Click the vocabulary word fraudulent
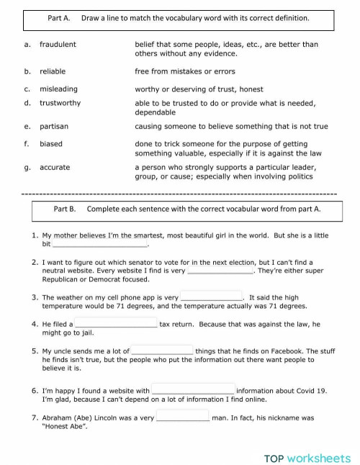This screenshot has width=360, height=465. pos(58,45)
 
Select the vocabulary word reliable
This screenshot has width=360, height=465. pos(52,71)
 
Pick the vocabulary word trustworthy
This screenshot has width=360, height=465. pos(60,103)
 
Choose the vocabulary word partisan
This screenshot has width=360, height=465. pos(54,126)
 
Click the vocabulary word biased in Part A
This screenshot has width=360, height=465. pos(51,144)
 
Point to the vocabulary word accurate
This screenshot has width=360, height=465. pos(55,167)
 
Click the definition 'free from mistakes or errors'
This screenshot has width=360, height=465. pos(184,71)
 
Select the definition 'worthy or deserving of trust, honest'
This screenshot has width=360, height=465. pos(199,89)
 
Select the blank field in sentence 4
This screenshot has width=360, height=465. pos(116,324)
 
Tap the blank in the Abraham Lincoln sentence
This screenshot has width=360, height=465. pos(182,417)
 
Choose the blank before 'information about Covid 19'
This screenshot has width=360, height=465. pos(193,390)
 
